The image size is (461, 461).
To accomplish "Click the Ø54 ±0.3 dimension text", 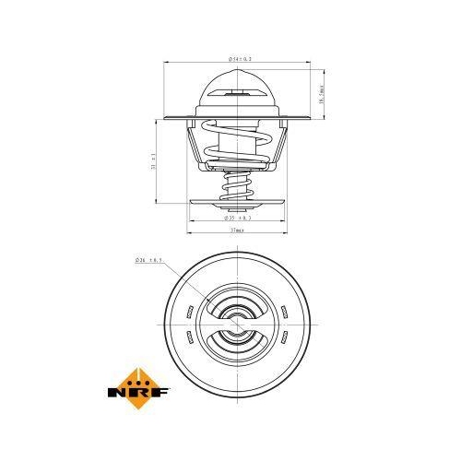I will point(237,58).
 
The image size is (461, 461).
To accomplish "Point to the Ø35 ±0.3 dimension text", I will point(237,219).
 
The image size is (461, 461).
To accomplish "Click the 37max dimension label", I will point(237,230).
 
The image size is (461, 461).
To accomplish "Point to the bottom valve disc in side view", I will point(237,204).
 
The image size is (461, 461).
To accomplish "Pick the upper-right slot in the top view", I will point(286,309).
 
